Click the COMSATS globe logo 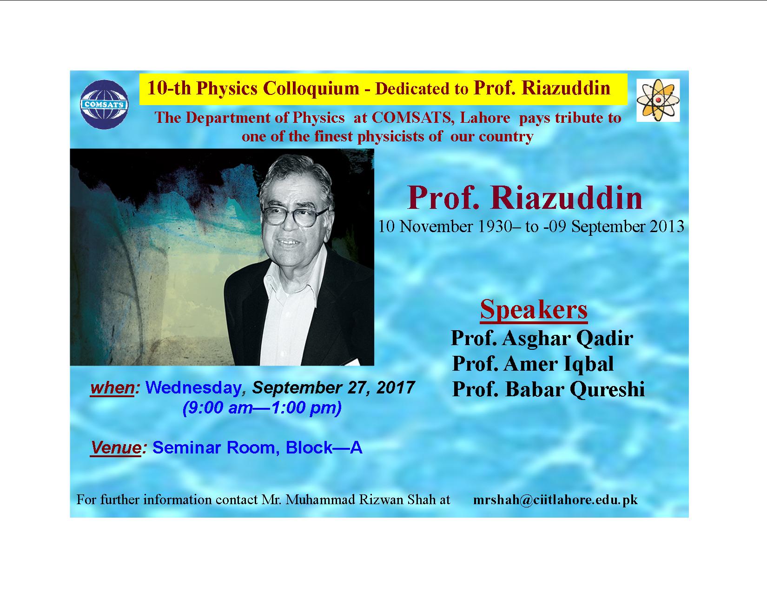(x=104, y=105)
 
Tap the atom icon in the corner (x=658, y=100)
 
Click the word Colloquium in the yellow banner (x=311, y=88)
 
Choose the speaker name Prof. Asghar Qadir (x=542, y=338)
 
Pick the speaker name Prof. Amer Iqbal (x=533, y=364)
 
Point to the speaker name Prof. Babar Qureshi (x=549, y=390)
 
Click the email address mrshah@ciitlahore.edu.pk (x=555, y=500)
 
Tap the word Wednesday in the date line (x=193, y=387)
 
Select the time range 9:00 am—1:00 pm (x=262, y=408)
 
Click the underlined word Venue (x=116, y=448)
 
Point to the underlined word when (x=112, y=388)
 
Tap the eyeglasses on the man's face (x=294, y=215)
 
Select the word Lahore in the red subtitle (x=485, y=118)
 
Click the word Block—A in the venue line (x=324, y=448)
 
